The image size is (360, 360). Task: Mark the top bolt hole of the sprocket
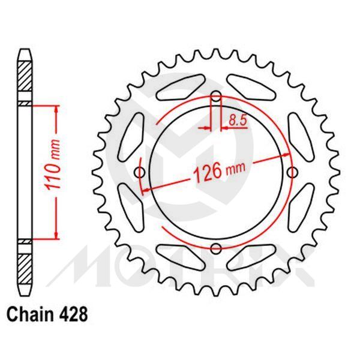(216, 97)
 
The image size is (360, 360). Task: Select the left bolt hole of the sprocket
(141, 173)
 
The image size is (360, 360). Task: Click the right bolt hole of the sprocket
(292, 173)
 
